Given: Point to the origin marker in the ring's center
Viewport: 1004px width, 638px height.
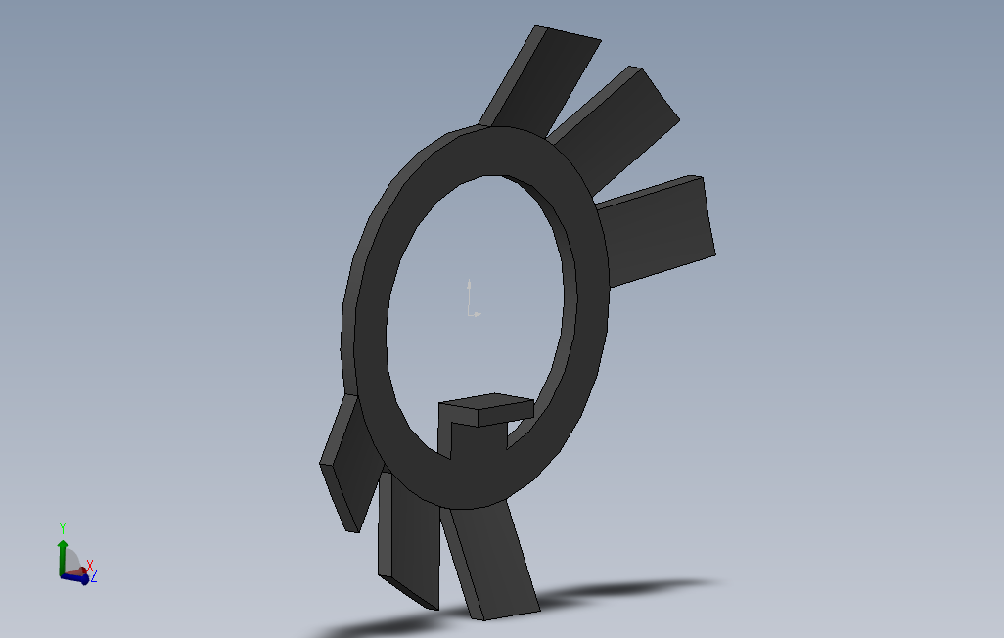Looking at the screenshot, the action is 473,298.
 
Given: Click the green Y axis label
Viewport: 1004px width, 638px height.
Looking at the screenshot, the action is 63,527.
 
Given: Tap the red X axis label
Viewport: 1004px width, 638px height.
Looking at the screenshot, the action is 90,564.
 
